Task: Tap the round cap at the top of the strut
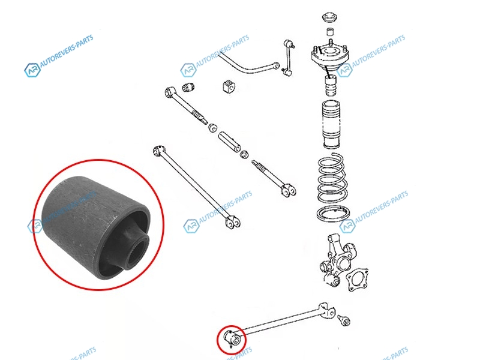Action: pyautogui.click(x=331, y=17)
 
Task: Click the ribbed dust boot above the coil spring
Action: pyautogui.click(x=331, y=124)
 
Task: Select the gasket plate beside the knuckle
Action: pyautogui.click(x=356, y=280)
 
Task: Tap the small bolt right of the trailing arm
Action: pyautogui.click(x=344, y=320)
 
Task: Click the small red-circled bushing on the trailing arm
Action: pyautogui.click(x=231, y=339)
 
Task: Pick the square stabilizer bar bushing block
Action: pyautogui.click(x=229, y=86)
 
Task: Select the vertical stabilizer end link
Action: pyautogui.click(x=288, y=58)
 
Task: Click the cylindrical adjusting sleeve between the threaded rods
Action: pyautogui.click(x=230, y=142)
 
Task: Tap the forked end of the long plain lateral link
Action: pyautogui.click(x=233, y=221)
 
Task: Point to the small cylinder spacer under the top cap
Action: pyautogui.click(x=330, y=32)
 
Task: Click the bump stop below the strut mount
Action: pyautogui.click(x=330, y=86)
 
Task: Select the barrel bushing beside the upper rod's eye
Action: pyautogui.click(x=188, y=87)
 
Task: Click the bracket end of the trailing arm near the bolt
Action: pyautogui.click(x=326, y=310)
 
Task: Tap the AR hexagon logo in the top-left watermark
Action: pyautogui.click(x=32, y=70)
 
